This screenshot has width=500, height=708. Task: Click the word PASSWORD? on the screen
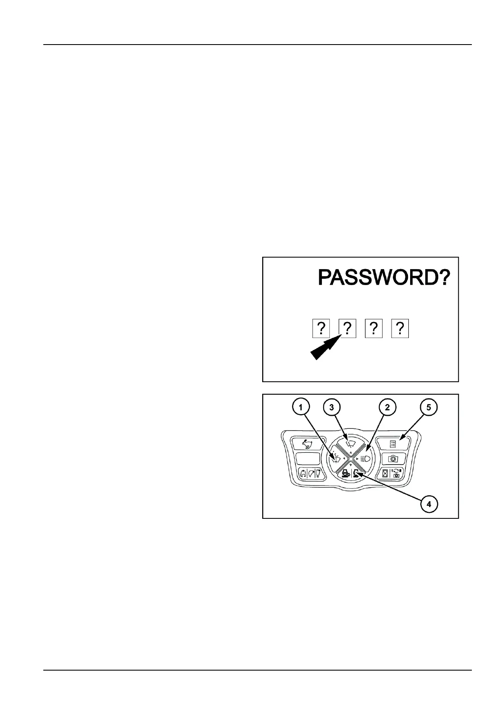[x=384, y=277]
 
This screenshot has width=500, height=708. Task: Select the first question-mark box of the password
[x=321, y=328]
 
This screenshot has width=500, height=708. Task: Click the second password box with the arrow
[x=347, y=328]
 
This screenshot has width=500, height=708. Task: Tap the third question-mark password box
[x=374, y=328]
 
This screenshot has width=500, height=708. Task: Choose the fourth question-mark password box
[x=400, y=328]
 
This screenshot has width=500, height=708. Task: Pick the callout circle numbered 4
[x=428, y=504]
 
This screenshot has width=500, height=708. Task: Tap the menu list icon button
[x=393, y=443]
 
